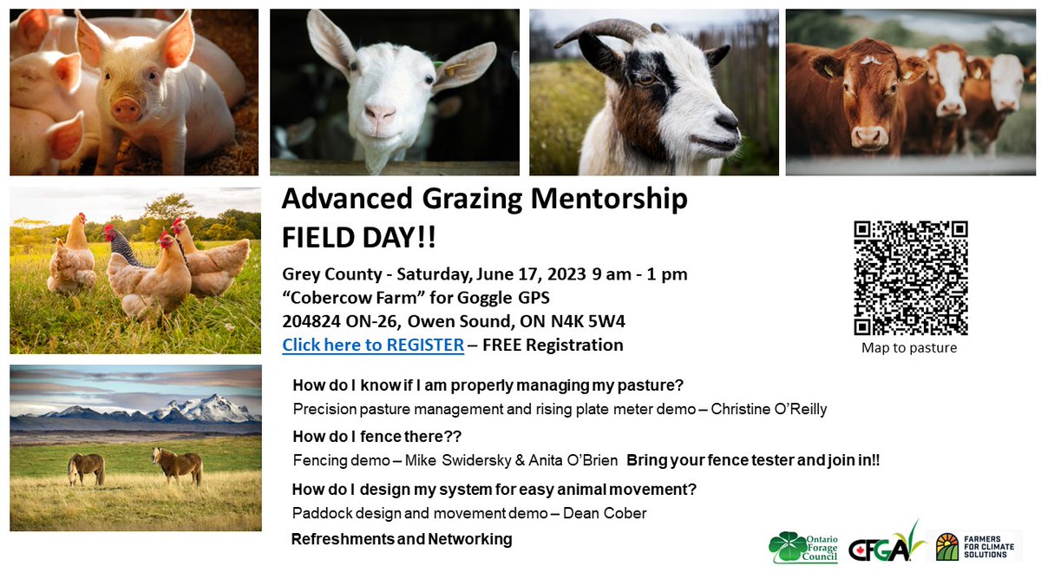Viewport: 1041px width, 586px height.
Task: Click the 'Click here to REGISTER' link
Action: [x=373, y=345]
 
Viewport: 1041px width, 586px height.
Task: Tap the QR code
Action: [x=910, y=278]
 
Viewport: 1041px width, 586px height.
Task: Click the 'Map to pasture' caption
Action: [x=909, y=348]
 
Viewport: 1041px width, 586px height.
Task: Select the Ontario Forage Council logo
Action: [x=803, y=547]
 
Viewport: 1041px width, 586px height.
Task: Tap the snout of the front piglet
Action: [x=127, y=109]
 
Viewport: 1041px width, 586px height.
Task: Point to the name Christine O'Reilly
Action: [x=769, y=409]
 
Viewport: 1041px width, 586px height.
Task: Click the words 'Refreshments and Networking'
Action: [x=402, y=539]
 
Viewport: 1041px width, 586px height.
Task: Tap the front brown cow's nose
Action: [x=868, y=136]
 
